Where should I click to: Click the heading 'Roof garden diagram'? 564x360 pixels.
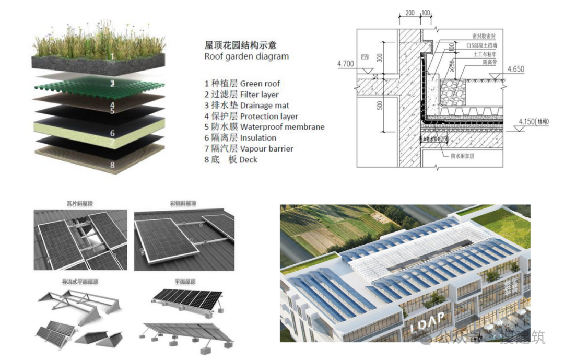click(x=246, y=56)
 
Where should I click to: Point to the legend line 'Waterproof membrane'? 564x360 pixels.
click(x=264, y=127)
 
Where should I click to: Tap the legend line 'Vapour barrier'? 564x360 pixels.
click(x=249, y=148)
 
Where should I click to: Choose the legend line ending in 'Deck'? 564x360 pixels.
click(x=231, y=159)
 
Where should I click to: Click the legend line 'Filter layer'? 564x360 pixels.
click(x=241, y=95)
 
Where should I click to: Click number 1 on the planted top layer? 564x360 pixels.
click(x=112, y=56)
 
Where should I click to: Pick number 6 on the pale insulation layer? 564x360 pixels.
click(x=112, y=133)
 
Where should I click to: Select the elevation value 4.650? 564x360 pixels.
click(x=515, y=69)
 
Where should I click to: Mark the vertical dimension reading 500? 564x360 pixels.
click(x=380, y=105)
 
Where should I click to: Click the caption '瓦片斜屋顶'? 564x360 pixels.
click(x=80, y=204)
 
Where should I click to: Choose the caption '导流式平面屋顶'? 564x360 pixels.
click(x=80, y=282)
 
